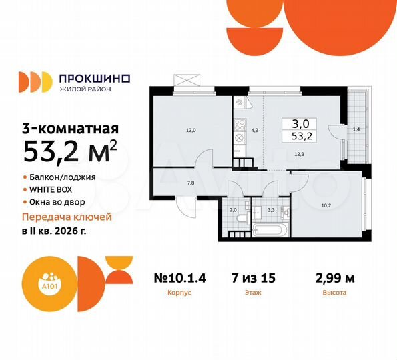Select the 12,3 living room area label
coord(299,154)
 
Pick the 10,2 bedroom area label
coord(325,205)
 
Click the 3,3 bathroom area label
coord(272,210)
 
